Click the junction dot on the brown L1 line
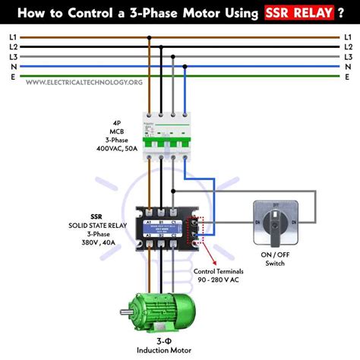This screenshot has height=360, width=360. tap(148, 36)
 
